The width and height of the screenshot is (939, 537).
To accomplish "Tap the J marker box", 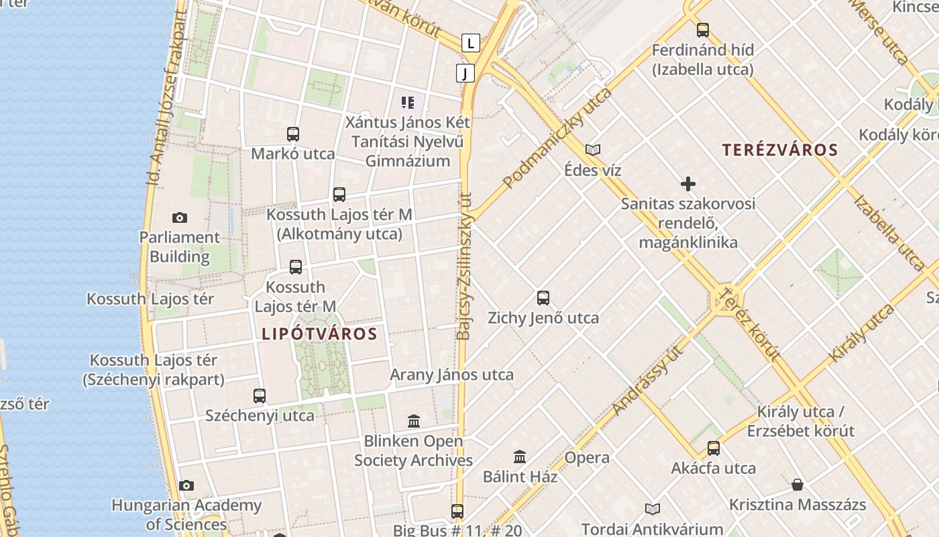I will [465, 73].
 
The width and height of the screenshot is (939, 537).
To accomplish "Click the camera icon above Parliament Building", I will [179, 217].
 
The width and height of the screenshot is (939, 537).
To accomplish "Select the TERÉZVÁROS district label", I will [780, 150].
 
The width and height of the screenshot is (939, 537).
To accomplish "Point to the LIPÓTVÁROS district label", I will [319, 334].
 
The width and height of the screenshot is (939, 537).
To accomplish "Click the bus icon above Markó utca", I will [293, 134].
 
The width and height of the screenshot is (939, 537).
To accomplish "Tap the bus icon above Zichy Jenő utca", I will [543, 298].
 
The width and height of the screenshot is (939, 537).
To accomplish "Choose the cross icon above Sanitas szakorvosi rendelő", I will [687, 184].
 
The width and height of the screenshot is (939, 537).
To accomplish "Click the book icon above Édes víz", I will [592, 150].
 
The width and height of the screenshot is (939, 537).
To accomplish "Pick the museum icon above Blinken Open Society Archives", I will [414, 422].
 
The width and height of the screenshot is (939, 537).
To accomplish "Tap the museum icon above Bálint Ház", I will [520, 457].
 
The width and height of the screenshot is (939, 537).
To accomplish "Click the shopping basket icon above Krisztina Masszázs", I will [797, 485].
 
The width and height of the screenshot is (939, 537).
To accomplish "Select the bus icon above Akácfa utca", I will [714, 448].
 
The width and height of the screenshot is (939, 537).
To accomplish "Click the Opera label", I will [587, 458].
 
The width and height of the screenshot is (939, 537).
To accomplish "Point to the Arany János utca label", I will [451, 375].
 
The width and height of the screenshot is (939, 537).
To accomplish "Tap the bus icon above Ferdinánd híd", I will [702, 30].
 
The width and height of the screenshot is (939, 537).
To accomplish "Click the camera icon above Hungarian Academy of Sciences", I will [186, 485].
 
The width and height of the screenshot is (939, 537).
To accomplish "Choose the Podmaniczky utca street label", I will [557, 137].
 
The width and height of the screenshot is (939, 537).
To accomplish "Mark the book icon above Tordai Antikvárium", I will [652, 509].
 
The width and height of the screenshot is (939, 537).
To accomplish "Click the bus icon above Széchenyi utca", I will [260, 396].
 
